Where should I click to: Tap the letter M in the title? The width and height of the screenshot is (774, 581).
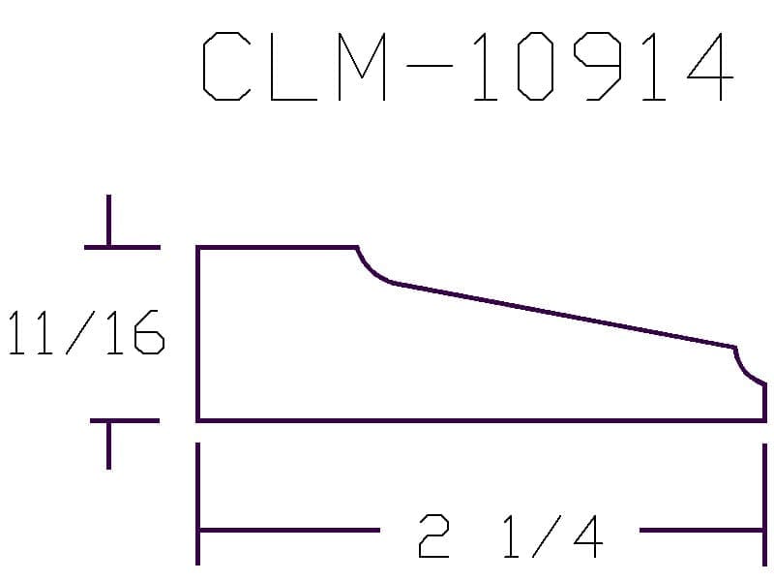(362, 68)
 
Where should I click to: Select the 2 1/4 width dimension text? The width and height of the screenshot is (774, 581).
(510, 536)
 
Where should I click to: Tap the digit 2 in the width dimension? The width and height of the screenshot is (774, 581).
(434, 536)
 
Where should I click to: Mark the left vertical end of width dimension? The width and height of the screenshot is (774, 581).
(198, 504)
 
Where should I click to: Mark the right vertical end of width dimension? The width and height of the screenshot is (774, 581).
(764, 504)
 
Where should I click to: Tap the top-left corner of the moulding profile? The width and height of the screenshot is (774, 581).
(198, 248)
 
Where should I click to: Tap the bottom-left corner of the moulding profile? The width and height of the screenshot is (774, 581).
(198, 420)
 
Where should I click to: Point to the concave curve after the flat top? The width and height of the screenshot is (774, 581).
(372, 271)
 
